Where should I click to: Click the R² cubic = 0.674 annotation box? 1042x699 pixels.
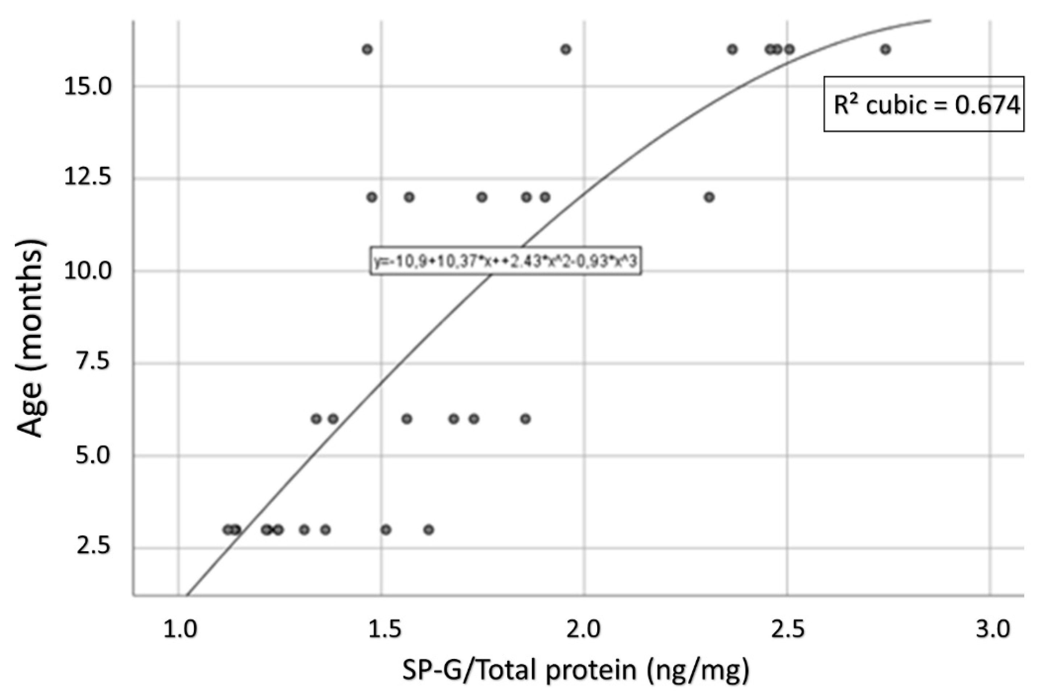pyautogui.click(x=923, y=104)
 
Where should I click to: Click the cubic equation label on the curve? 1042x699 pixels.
pyautogui.click(x=506, y=261)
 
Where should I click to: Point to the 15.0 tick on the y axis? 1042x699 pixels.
pyautogui.click(x=87, y=86)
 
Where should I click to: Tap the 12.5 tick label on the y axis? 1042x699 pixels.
pyautogui.click(x=87, y=178)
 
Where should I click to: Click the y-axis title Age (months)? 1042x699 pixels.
pyautogui.click(x=31, y=339)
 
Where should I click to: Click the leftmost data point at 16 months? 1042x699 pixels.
pyautogui.click(x=367, y=49)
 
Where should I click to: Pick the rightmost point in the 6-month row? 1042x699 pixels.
pyautogui.click(x=525, y=419)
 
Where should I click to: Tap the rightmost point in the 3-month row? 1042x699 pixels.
pyautogui.click(x=429, y=530)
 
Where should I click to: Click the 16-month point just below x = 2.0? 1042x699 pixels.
pyautogui.click(x=566, y=49)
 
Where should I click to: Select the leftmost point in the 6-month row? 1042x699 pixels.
pyautogui.click(x=316, y=419)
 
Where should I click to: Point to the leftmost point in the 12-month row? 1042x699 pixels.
pyautogui.click(x=372, y=197)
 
